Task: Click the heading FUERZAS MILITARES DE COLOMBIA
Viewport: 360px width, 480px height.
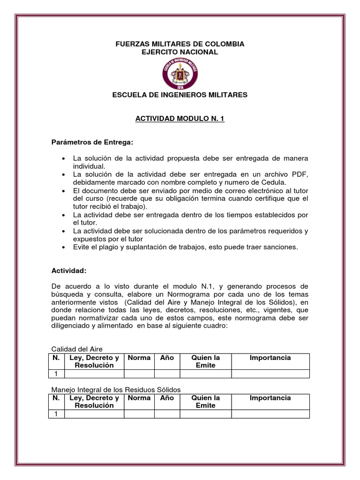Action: [x=180, y=44]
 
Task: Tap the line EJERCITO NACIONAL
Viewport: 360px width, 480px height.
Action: [x=180, y=52]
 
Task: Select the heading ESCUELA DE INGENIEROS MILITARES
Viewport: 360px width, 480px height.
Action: [x=180, y=95]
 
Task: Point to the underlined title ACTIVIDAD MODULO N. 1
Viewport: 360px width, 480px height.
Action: [x=180, y=120]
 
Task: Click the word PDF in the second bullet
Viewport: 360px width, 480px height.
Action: [x=301, y=174]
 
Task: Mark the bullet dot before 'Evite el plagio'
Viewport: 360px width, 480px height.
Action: [x=63, y=247]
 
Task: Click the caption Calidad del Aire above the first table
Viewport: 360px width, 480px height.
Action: [x=76, y=349]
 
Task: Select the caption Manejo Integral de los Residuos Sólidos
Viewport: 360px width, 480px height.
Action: [x=115, y=390]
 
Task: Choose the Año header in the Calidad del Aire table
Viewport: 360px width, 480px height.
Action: [x=167, y=358]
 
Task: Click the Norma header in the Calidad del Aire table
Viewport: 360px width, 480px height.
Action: [x=139, y=358]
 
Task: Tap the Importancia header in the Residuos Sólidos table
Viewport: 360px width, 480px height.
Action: [x=270, y=398]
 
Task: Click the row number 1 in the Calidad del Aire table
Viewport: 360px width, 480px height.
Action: [x=56, y=374]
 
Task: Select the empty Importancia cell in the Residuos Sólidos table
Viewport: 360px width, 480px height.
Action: [x=270, y=414]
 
